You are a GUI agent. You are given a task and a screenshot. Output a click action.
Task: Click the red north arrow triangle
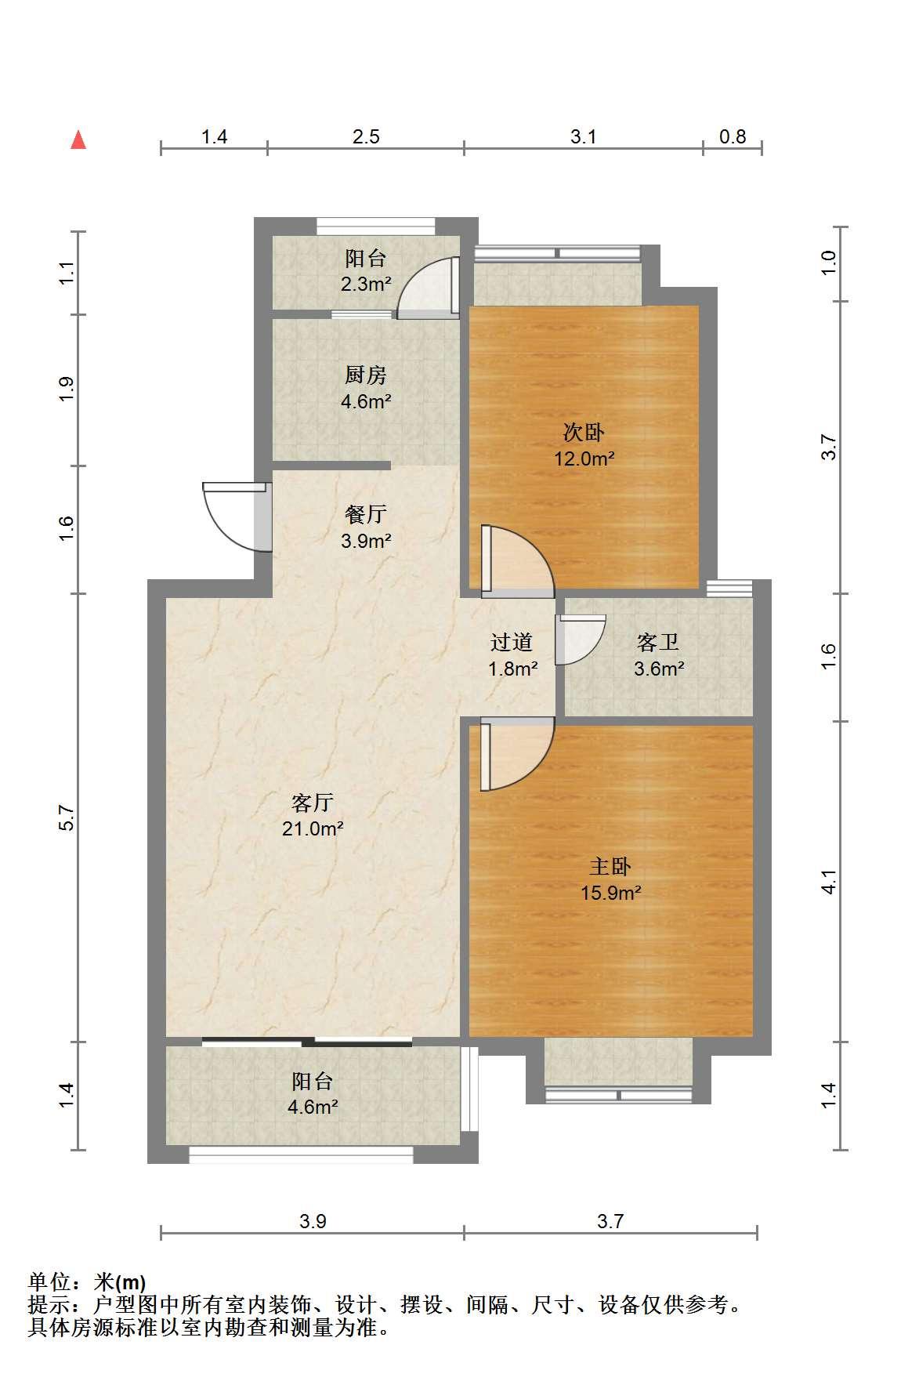pos(78,140)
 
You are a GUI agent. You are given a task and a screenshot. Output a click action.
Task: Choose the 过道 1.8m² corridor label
pos(512,655)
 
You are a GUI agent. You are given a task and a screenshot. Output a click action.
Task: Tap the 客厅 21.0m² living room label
pos(313,815)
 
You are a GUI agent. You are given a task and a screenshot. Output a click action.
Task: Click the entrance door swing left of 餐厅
pos(236,517)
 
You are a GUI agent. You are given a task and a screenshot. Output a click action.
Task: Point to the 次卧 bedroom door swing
pos(518,561)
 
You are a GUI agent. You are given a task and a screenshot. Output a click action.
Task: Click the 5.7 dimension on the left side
pos(67,818)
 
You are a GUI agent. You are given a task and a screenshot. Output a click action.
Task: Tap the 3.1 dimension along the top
pos(583,137)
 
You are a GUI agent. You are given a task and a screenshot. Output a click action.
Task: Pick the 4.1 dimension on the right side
pos(830,882)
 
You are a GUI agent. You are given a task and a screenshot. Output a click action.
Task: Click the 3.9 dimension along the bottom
pos(312,1220)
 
